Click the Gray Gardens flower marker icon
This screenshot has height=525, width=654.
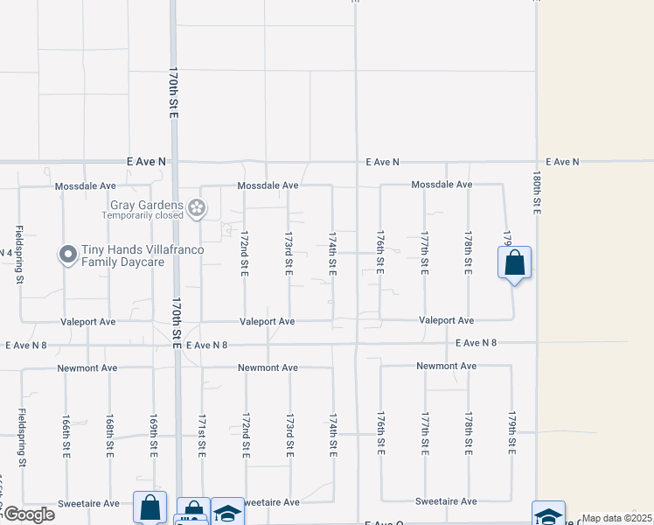pos(198,207)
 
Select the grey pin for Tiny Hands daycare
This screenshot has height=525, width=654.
pos(68,255)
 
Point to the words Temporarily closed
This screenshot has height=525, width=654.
pos(143,214)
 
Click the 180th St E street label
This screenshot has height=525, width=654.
pos(537,193)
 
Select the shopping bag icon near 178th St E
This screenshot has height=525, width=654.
pos(515,262)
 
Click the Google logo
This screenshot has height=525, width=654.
pos(29,514)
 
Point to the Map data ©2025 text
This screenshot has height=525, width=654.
pos(616,518)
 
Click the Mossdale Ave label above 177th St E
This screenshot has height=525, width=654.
pos(442,185)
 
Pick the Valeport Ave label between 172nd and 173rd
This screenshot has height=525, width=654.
pos(268,322)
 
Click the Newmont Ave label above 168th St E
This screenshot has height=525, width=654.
pos(87,368)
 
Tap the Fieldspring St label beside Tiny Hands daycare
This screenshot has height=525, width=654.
pos(19,255)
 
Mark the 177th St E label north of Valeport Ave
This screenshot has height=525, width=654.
pos(425,253)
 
